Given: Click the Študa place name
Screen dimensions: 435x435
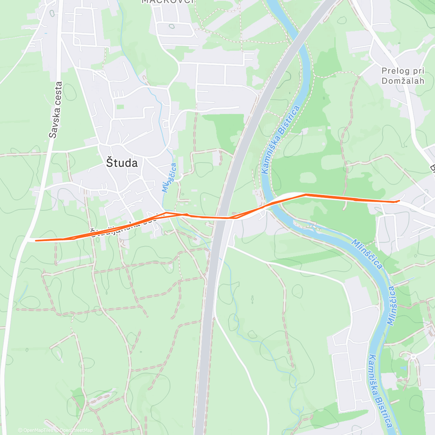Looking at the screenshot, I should [x=122, y=163].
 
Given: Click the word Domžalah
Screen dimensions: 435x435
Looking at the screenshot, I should [x=402, y=81].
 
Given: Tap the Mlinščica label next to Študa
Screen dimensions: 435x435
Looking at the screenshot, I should [x=169, y=177].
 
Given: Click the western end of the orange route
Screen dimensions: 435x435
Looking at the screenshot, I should [x=36, y=240].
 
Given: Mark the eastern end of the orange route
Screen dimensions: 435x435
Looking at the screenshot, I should [x=399, y=200].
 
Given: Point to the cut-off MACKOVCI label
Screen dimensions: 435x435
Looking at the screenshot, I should [x=168, y=1].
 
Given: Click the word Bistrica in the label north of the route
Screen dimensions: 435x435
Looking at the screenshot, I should [x=290, y=119].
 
